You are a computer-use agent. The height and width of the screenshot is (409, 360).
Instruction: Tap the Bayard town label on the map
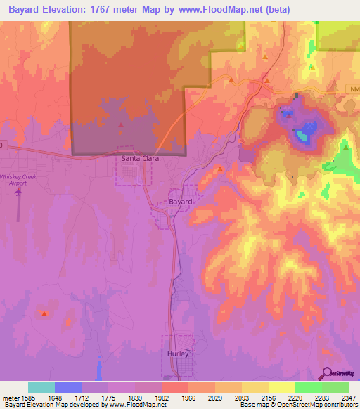point(179,202)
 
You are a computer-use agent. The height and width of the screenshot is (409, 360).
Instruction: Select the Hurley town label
point(177,353)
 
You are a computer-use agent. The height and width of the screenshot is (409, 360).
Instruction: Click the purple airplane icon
point(18,190)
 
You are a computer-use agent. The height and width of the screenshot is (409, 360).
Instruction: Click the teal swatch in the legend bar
point(41,387)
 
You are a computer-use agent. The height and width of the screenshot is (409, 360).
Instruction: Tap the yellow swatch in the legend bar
point(282,387)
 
